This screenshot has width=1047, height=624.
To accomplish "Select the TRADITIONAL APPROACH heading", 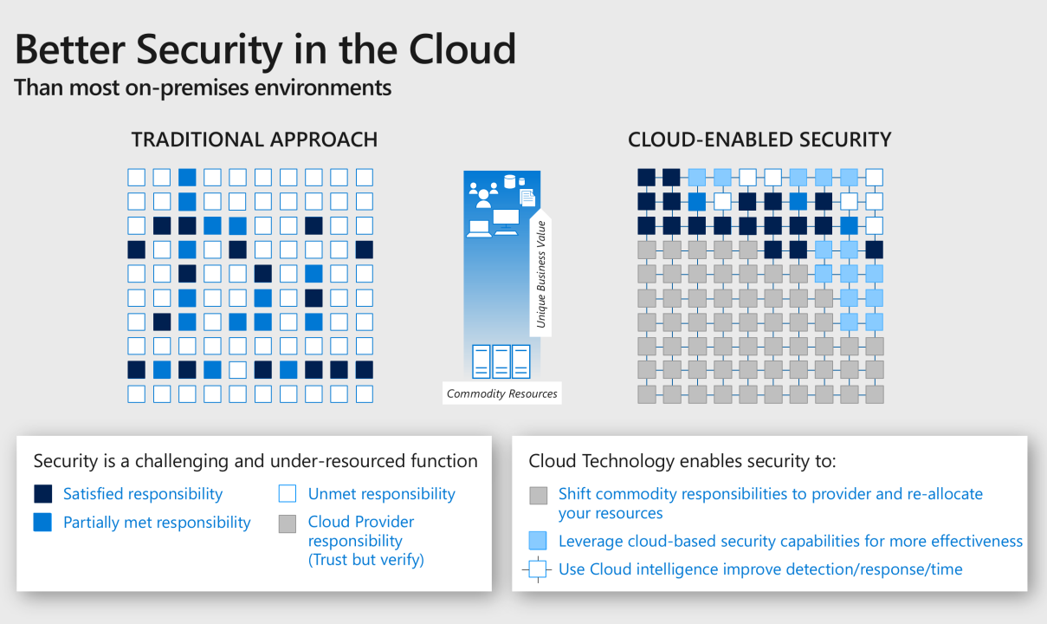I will click(x=254, y=140).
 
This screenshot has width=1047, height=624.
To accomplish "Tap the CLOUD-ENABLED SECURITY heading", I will click(x=759, y=140).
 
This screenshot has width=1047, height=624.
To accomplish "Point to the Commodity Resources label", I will click(x=502, y=393).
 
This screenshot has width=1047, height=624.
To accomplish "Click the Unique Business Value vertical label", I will click(x=542, y=273).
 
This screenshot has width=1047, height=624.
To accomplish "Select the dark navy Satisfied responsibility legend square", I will click(x=42, y=494).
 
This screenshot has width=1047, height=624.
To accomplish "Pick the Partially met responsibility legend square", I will click(x=42, y=523).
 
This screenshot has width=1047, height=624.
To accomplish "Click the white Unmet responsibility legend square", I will click(x=288, y=494).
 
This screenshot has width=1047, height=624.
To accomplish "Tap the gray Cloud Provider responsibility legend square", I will click(x=288, y=523).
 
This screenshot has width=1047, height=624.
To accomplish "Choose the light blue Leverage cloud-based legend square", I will click(x=538, y=542).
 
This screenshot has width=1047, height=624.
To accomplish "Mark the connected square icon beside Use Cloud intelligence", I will click(x=538, y=569).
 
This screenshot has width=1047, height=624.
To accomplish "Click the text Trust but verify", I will click(x=365, y=560).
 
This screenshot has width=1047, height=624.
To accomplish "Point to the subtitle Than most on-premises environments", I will click(x=203, y=88).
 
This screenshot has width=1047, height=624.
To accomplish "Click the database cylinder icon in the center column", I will click(x=509, y=182).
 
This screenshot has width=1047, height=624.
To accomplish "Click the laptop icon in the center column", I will click(x=478, y=228).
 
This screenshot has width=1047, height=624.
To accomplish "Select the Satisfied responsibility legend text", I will click(x=143, y=494).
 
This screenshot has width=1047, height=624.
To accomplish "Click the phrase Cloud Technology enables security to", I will click(x=682, y=461).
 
